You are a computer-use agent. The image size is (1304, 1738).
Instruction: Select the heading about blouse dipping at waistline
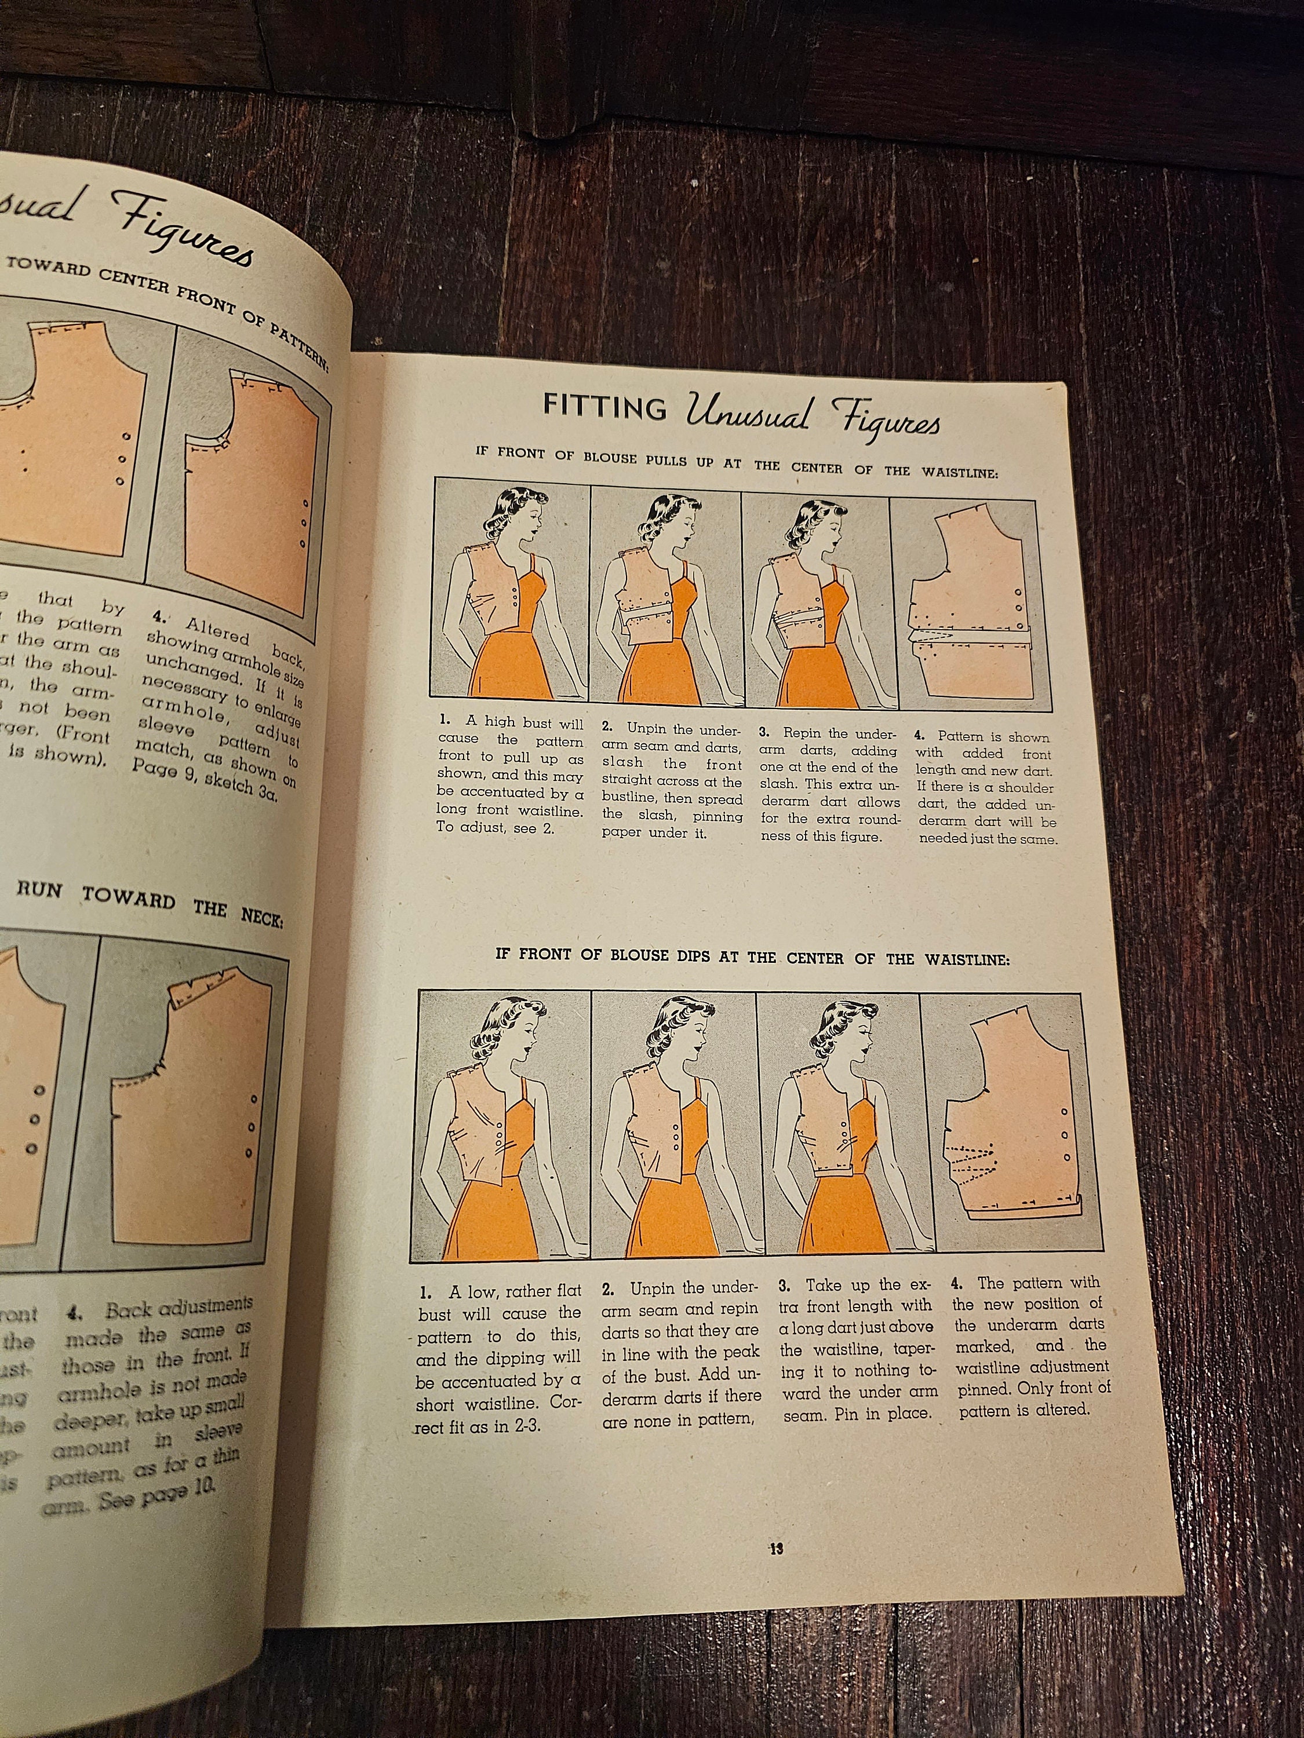[753, 959]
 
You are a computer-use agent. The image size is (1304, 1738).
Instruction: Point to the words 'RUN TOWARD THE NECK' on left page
[150, 903]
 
